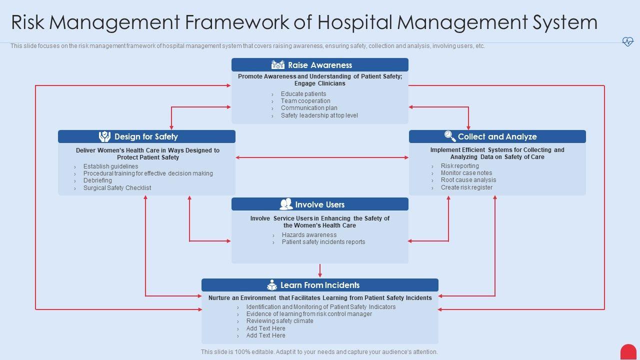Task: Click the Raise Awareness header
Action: [x=320, y=65]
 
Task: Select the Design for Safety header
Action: [x=146, y=136]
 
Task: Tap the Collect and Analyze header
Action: [x=497, y=136]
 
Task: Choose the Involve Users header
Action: [x=320, y=204]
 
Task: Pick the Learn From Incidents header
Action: [x=320, y=285]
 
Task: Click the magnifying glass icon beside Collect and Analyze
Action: [x=450, y=136]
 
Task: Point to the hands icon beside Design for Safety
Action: [x=104, y=136]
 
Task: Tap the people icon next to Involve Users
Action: [x=286, y=204]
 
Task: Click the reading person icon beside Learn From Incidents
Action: [x=272, y=285]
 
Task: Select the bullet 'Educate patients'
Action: [x=303, y=94]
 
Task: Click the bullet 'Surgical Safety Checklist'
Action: [x=117, y=188]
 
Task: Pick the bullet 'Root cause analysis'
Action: [x=468, y=180]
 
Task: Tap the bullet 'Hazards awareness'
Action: [x=309, y=235]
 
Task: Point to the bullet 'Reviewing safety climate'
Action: [x=279, y=321]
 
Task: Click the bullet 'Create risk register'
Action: [x=466, y=187]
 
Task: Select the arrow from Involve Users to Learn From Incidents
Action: [x=320, y=270]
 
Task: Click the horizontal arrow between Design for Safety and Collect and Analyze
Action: [x=322, y=157]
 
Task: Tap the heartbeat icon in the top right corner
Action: [x=627, y=41]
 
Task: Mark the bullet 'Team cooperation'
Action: [x=305, y=101]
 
